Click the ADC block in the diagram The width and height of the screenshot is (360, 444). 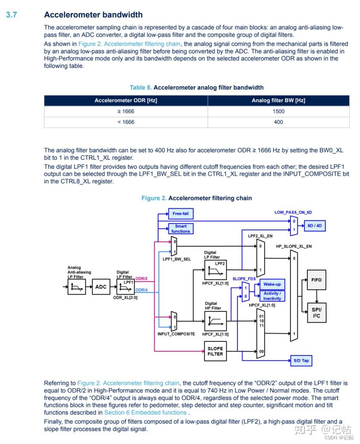(x=101, y=287)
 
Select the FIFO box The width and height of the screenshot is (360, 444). (x=316, y=280)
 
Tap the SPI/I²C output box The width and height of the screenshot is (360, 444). (x=316, y=312)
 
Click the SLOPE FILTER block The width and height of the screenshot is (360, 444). (x=215, y=351)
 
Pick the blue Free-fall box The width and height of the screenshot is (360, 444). (x=180, y=213)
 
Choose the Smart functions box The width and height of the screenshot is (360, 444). (x=181, y=229)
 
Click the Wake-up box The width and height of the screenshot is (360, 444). (x=272, y=285)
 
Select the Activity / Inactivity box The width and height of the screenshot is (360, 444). (x=272, y=296)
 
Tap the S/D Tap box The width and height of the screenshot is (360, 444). (x=301, y=361)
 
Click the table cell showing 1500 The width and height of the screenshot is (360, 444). (x=278, y=111)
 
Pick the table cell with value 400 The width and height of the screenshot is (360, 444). (x=278, y=122)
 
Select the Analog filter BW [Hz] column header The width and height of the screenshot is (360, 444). (x=278, y=100)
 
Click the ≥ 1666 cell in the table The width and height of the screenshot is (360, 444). (x=126, y=111)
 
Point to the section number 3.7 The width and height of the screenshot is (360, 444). (x=11, y=15)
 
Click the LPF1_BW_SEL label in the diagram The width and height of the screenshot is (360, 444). (x=176, y=259)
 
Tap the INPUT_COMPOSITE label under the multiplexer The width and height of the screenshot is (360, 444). (x=176, y=334)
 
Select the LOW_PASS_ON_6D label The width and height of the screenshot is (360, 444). (x=293, y=212)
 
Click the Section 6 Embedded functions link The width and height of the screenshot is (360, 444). (x=145, y=412)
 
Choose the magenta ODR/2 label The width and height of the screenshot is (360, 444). (x=141, y=279)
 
